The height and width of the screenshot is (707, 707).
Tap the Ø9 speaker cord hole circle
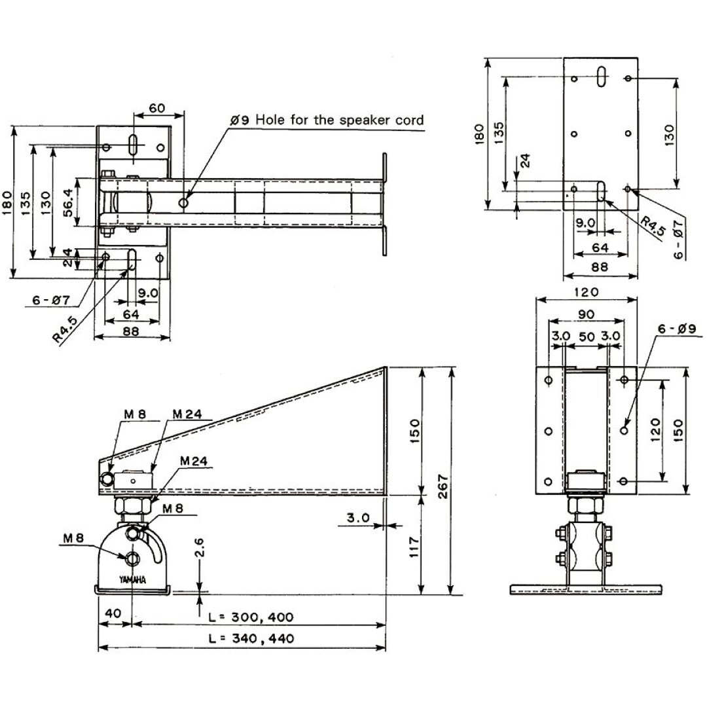(184, 203)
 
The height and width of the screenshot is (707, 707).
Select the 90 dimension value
(586, 314)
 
